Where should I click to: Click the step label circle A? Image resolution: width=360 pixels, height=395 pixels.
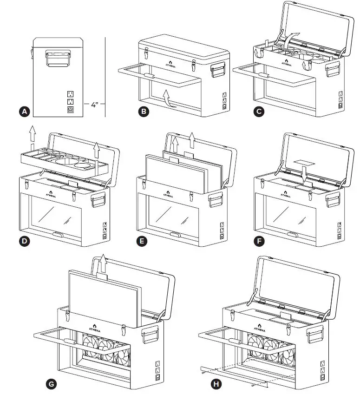pos(25,112)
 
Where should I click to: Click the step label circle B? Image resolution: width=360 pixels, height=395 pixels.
pos(144,112)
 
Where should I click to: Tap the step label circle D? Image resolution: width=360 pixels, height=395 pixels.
pos(25,242)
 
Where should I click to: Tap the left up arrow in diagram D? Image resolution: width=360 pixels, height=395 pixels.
pos(32,135)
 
